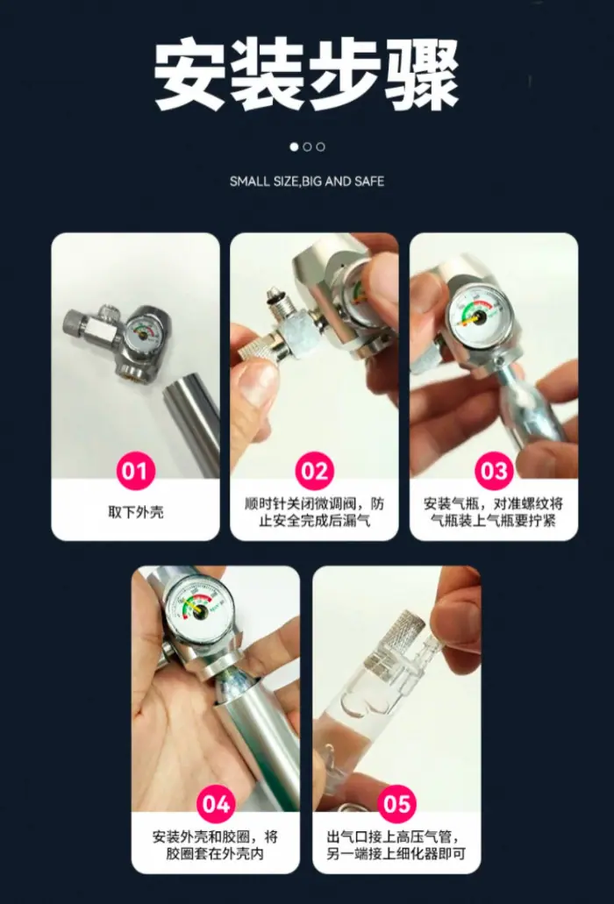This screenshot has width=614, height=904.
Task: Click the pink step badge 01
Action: tap(135, 471)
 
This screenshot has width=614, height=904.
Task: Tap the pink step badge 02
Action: tap(314, 471)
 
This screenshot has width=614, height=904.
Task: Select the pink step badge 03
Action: tap(494, 471)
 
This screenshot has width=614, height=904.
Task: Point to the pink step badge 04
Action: tap(216, 804)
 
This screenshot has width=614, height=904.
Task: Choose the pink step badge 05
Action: tap(396, 804)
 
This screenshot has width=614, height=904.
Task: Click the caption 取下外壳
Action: tap(135, 512)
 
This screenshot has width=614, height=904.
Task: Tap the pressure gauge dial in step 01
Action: tap(142, 331)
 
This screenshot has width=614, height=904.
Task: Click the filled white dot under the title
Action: tap(294, 147)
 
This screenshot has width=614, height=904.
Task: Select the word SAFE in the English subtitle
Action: tap(369, 182)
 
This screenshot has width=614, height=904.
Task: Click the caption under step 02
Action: tap(314, 512)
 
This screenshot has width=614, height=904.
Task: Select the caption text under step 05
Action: tap(396, 845)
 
